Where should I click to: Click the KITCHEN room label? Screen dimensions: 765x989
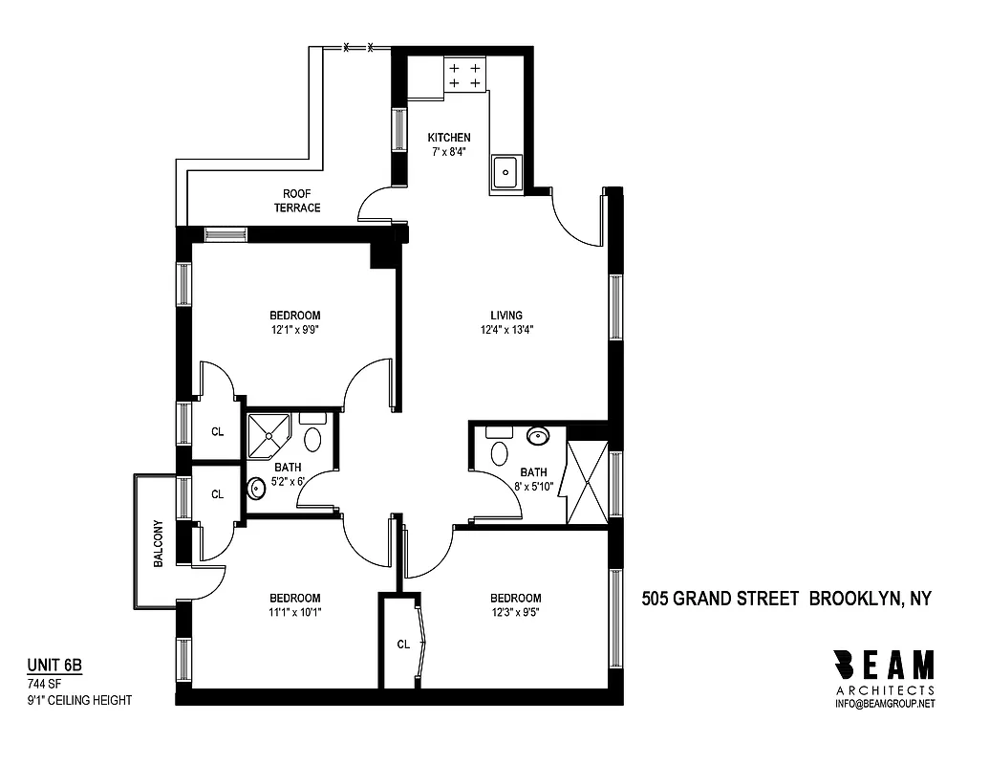448,138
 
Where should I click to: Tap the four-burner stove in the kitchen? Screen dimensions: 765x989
464,76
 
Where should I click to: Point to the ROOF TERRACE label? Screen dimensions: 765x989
297,201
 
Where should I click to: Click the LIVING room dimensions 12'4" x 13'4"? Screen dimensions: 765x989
506,331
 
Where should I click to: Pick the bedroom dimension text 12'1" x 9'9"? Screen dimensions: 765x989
294,331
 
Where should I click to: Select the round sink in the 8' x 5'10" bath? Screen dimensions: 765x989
538,436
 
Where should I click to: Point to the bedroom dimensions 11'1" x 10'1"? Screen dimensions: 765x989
294,614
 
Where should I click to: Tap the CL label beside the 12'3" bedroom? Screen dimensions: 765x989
403,645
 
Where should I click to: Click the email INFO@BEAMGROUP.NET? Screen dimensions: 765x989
884,704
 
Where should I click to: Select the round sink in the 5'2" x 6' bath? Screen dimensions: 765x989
256,490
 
